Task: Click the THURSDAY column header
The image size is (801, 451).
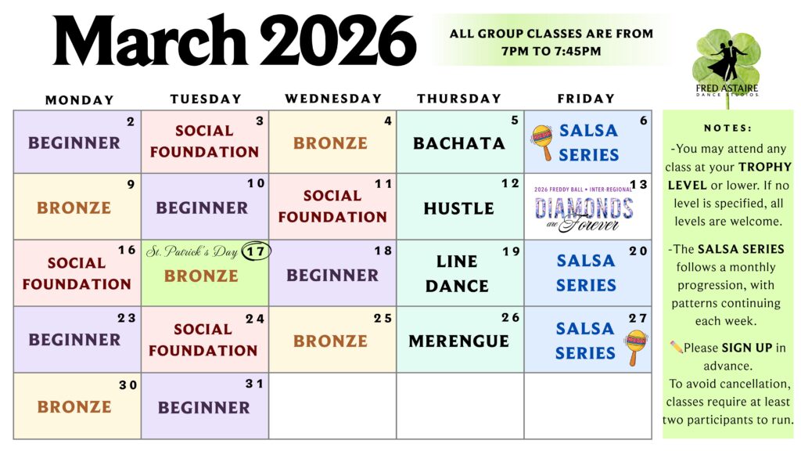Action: tap(458, 99)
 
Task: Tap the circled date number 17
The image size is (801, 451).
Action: tap(256, 251)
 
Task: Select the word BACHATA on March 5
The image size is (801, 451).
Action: tap(458, 143)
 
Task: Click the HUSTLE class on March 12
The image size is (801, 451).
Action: tap(458, 208)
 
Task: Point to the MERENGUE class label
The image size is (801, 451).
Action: tap(458, 341)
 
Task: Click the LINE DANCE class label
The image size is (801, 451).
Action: tap(457, 273)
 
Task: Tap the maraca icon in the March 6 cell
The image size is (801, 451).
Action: tap(542, 143)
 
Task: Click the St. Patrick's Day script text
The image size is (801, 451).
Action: tap(192, 251)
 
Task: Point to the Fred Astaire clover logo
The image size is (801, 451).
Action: tap(727, 67)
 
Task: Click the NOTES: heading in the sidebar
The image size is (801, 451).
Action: tap(727, 128)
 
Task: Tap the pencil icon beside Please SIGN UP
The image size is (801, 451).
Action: tap(677, 347)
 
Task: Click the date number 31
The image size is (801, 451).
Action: tap(254, 384)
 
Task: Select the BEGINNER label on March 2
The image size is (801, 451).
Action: tap(74, 143)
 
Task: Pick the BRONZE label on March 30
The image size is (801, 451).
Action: tap(74, 407)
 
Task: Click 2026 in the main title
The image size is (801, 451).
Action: tap(338, 41)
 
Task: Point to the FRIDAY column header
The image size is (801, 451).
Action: tap(586, 99)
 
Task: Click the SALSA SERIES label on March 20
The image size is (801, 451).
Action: tap(586, 272)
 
